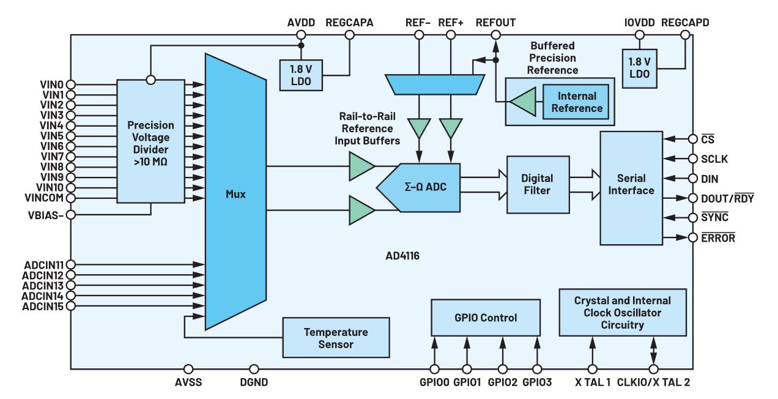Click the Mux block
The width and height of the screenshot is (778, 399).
click(x=235, y=194)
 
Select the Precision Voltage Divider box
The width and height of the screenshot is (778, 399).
click(x=150, y=141)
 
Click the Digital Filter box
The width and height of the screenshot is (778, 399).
click(x=536, y=184)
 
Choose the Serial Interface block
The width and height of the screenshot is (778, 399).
click(x=631, y=185)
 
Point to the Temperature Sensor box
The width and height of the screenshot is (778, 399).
click(x=336, y=338)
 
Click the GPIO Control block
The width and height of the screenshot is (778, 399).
click(x=486, y=318)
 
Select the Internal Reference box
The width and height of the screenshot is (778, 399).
click(x=576, y=102)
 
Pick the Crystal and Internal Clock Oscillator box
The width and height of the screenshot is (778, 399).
click(x=622, y=313)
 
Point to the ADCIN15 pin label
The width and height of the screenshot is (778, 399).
click(x=43, y=306)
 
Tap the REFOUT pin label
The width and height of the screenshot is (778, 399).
click(x=495, y=23)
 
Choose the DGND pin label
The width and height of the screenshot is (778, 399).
click(x=254, y=383)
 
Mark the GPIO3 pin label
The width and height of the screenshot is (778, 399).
click(x=537, y=383)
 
